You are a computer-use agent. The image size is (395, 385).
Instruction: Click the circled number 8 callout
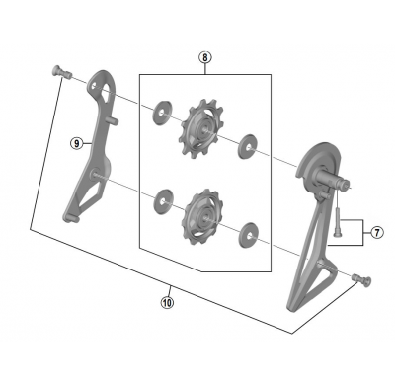[x=204, y=57]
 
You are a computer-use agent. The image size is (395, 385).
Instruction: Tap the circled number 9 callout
[x=75, y=143]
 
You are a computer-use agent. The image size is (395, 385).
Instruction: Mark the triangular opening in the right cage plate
[x=303, y=267]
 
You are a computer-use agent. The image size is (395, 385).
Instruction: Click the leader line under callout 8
[x=204, y=68]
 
